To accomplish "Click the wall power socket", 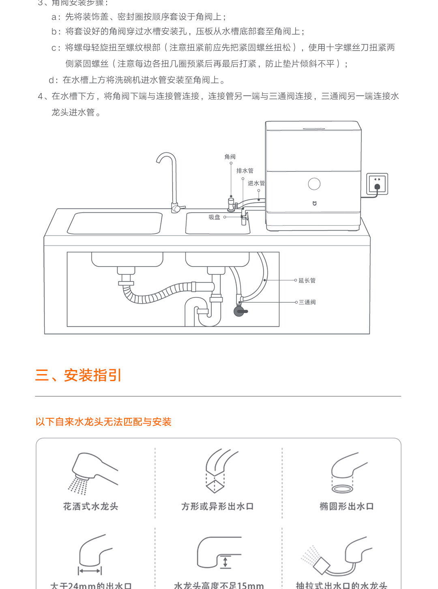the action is point(377,184).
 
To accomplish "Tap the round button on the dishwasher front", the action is point(314,184).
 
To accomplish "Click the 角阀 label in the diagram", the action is point(230,157).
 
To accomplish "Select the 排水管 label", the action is point(245,171).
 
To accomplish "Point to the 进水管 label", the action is point(256,183).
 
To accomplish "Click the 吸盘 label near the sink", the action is point(215,217).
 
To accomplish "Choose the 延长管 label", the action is point(307,281).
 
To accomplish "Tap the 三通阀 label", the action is point(307,302).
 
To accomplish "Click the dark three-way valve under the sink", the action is point(239,311).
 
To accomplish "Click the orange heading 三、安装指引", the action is point(78,375).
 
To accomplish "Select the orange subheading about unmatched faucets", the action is point(103,422).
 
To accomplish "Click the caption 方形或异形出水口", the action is point(217,506).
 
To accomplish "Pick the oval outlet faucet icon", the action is point(347,472).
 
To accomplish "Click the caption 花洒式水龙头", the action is point(90,506).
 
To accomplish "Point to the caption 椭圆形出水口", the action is point(347,506).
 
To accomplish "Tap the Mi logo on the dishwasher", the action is point(314,203).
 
